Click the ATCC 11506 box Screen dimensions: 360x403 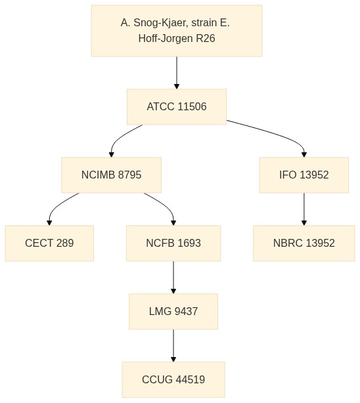[177, 107]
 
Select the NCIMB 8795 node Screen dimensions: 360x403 [112, 175]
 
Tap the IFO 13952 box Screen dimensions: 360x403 [304, 175]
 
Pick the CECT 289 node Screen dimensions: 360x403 [49, 243]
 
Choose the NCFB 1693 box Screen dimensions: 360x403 [173, 243]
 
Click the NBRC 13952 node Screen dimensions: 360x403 [304, 243]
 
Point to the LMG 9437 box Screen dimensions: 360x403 [173, 312]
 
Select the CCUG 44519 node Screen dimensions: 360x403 [173, 379]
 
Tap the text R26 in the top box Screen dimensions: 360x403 [206, 38]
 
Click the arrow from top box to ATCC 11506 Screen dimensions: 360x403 [177, 73]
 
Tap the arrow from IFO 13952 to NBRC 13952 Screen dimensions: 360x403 [304, 209]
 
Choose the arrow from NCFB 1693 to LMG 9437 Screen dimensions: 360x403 [173, 278]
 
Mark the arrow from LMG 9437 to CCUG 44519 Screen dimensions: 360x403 [173, 345]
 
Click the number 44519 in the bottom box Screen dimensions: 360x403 [191, 379]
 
